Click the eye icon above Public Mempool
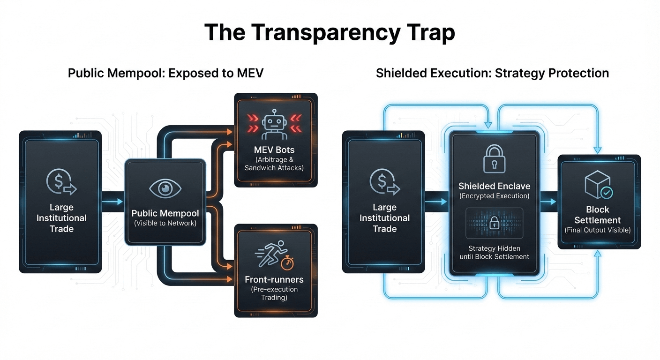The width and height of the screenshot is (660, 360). tap(165, 188)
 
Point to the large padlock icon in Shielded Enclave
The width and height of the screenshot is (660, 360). tap(495, 159)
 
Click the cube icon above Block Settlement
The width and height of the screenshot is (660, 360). tap(597, 184)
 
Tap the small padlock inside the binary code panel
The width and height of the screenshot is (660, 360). tap(494, 224)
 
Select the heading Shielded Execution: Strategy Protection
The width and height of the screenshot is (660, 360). tap(492, 73)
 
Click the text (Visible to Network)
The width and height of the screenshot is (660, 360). tap(165, 223)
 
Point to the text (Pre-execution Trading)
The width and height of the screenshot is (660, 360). tap(274, 293)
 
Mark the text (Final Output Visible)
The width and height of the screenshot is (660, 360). tap(598, 230)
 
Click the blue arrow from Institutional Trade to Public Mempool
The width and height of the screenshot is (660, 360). tap(113, 202)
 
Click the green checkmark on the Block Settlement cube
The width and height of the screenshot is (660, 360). tap(607, 193)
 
